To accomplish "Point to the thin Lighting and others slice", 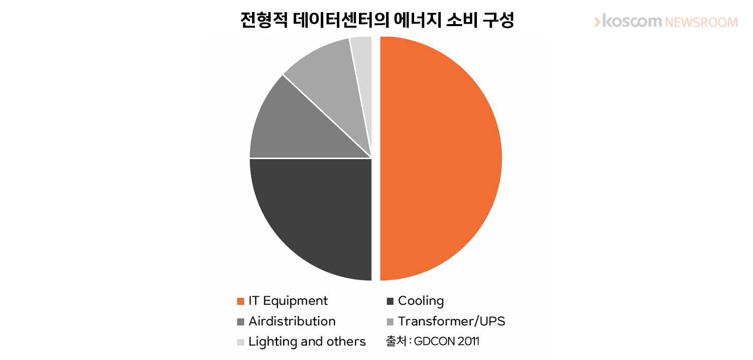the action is (363, 67).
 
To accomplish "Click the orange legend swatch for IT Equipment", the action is (240, 301).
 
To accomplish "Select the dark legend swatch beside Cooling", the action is (390, 301).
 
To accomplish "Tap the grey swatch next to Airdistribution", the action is (240, 322).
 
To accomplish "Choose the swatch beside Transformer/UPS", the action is (390, 322).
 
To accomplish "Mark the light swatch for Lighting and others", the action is (240, 342).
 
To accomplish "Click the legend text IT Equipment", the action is (288, 301).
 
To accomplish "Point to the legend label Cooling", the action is (421, 301).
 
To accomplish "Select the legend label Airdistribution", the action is (292, 321).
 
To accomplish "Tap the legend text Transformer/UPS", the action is (451, 321).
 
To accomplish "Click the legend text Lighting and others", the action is (307, 342).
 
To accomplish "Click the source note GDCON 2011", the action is (446, 341).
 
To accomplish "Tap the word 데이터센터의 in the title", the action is (340, 20).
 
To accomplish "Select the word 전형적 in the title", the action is (264, 20).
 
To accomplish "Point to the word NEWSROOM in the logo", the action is (702, 23).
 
